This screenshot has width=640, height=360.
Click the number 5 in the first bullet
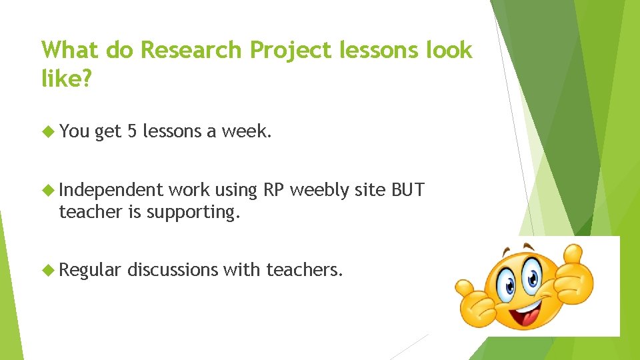point(133,132)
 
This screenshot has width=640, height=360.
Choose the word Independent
point(111,190)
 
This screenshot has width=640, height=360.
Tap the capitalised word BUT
point(408,190)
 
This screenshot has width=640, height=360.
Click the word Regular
point(90,270)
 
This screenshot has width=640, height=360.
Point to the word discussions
point(173,270)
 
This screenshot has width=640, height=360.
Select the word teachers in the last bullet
point(304,270)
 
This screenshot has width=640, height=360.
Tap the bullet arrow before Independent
point(48,190)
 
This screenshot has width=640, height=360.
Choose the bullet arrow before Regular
point(48,270)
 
